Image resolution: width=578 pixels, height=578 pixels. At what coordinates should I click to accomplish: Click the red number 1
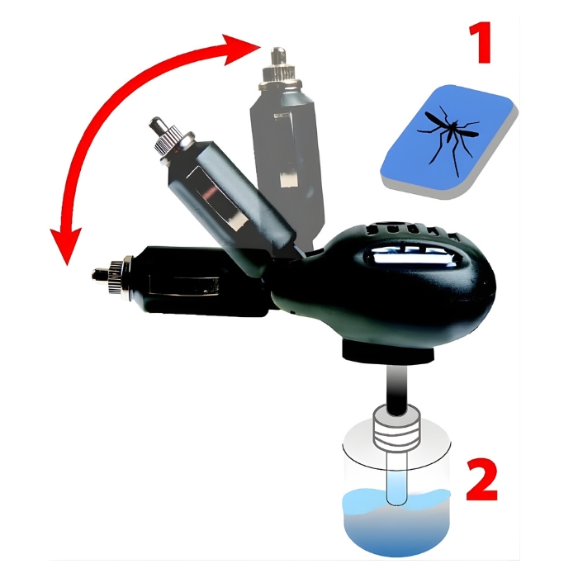(x=481, y=42)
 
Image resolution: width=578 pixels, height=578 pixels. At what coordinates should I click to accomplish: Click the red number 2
(x=482, y=479)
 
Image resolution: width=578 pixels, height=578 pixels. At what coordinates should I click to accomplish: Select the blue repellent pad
(x=450, y=142)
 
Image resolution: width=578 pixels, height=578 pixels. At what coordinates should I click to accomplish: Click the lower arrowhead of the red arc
(x=65, y=245)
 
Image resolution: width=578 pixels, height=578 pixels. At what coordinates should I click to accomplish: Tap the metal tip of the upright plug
(x=278, y=54)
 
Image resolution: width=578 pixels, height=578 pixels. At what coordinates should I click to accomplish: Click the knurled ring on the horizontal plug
(x=118, y=277)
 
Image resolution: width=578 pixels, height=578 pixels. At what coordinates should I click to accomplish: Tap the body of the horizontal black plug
(x=201, y=280)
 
